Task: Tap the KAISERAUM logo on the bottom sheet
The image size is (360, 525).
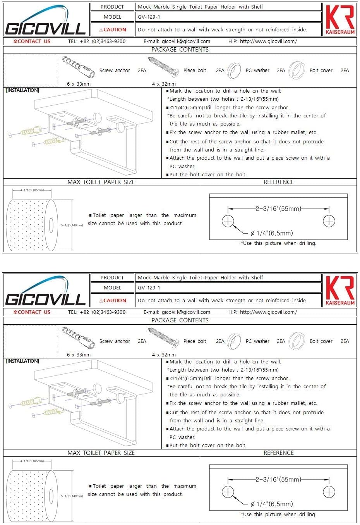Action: (340, 291)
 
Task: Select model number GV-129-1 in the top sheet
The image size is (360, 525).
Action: (149, 17)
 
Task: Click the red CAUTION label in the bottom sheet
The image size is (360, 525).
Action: (113, 300)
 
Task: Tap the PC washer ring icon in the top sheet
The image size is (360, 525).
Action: (234, 71)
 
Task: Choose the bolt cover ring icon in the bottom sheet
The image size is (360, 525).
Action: (297, 341)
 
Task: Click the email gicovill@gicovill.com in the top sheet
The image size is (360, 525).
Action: (186, 41)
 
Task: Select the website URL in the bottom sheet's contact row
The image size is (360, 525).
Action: (268, 312)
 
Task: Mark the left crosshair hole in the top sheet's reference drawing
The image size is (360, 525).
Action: (228, 221)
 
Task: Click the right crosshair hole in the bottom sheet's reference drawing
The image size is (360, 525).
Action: (329, 492)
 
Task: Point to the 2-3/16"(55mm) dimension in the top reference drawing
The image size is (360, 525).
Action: (278, 209)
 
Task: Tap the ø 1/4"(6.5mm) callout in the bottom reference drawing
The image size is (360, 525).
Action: (271, 504)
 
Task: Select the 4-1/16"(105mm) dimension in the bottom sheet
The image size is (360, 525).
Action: (32, 461)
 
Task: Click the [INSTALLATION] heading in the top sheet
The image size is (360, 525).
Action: (22, 90)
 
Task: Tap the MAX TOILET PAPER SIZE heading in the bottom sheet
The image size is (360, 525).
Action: (101, 453)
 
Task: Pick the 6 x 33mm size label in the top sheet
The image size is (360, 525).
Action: (79, 84)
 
